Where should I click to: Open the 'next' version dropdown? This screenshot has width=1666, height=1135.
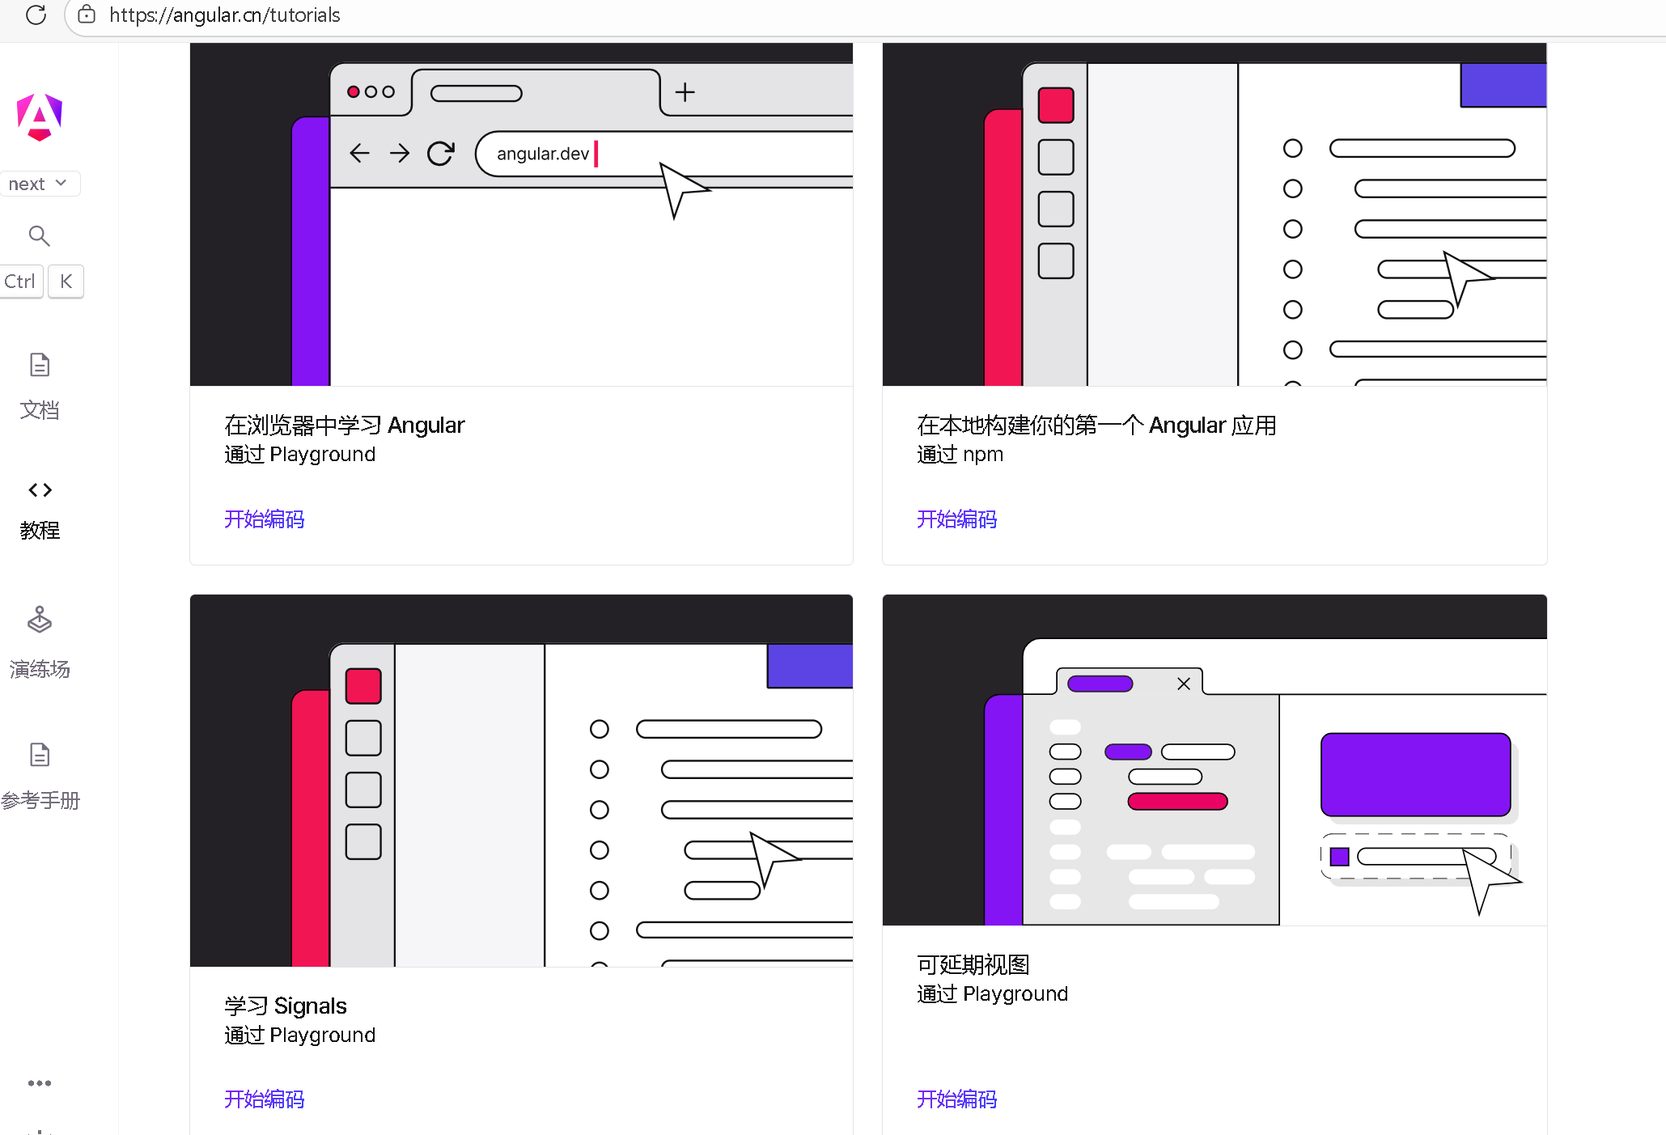(x=39, y=184)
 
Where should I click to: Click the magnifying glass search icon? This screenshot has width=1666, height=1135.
(x=39, y=235)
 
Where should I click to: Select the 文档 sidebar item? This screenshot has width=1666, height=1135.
(x=40, y=387)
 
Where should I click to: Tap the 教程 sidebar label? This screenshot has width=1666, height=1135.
(x=40, y=530)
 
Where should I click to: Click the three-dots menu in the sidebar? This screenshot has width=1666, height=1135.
(x=40, y=1082)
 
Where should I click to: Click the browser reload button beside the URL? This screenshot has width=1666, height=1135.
(x=36, y=15)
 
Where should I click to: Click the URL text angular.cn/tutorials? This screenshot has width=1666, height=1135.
(x=224, y=15)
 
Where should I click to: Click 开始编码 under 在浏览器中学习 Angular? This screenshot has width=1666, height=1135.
(x=265, y=519)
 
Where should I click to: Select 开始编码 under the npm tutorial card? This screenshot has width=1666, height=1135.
(x=957, y=519)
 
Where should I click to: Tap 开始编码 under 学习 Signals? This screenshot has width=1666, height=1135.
(x=265, y=1099)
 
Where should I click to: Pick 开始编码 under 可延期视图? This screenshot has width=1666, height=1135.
(x=957, y=1099)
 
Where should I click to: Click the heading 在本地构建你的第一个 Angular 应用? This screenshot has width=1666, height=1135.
(x=1096, y=425)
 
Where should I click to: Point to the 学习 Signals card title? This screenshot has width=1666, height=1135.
(x=286, y=1006)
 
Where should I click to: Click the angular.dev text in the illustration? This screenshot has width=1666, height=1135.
(x=543, y=154)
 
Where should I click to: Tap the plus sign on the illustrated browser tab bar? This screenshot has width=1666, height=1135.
(x=685, y=92)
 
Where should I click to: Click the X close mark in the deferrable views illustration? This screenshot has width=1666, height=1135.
(x=1184, y=684)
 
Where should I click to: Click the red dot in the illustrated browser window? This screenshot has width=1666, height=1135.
(x=354, y=91)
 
